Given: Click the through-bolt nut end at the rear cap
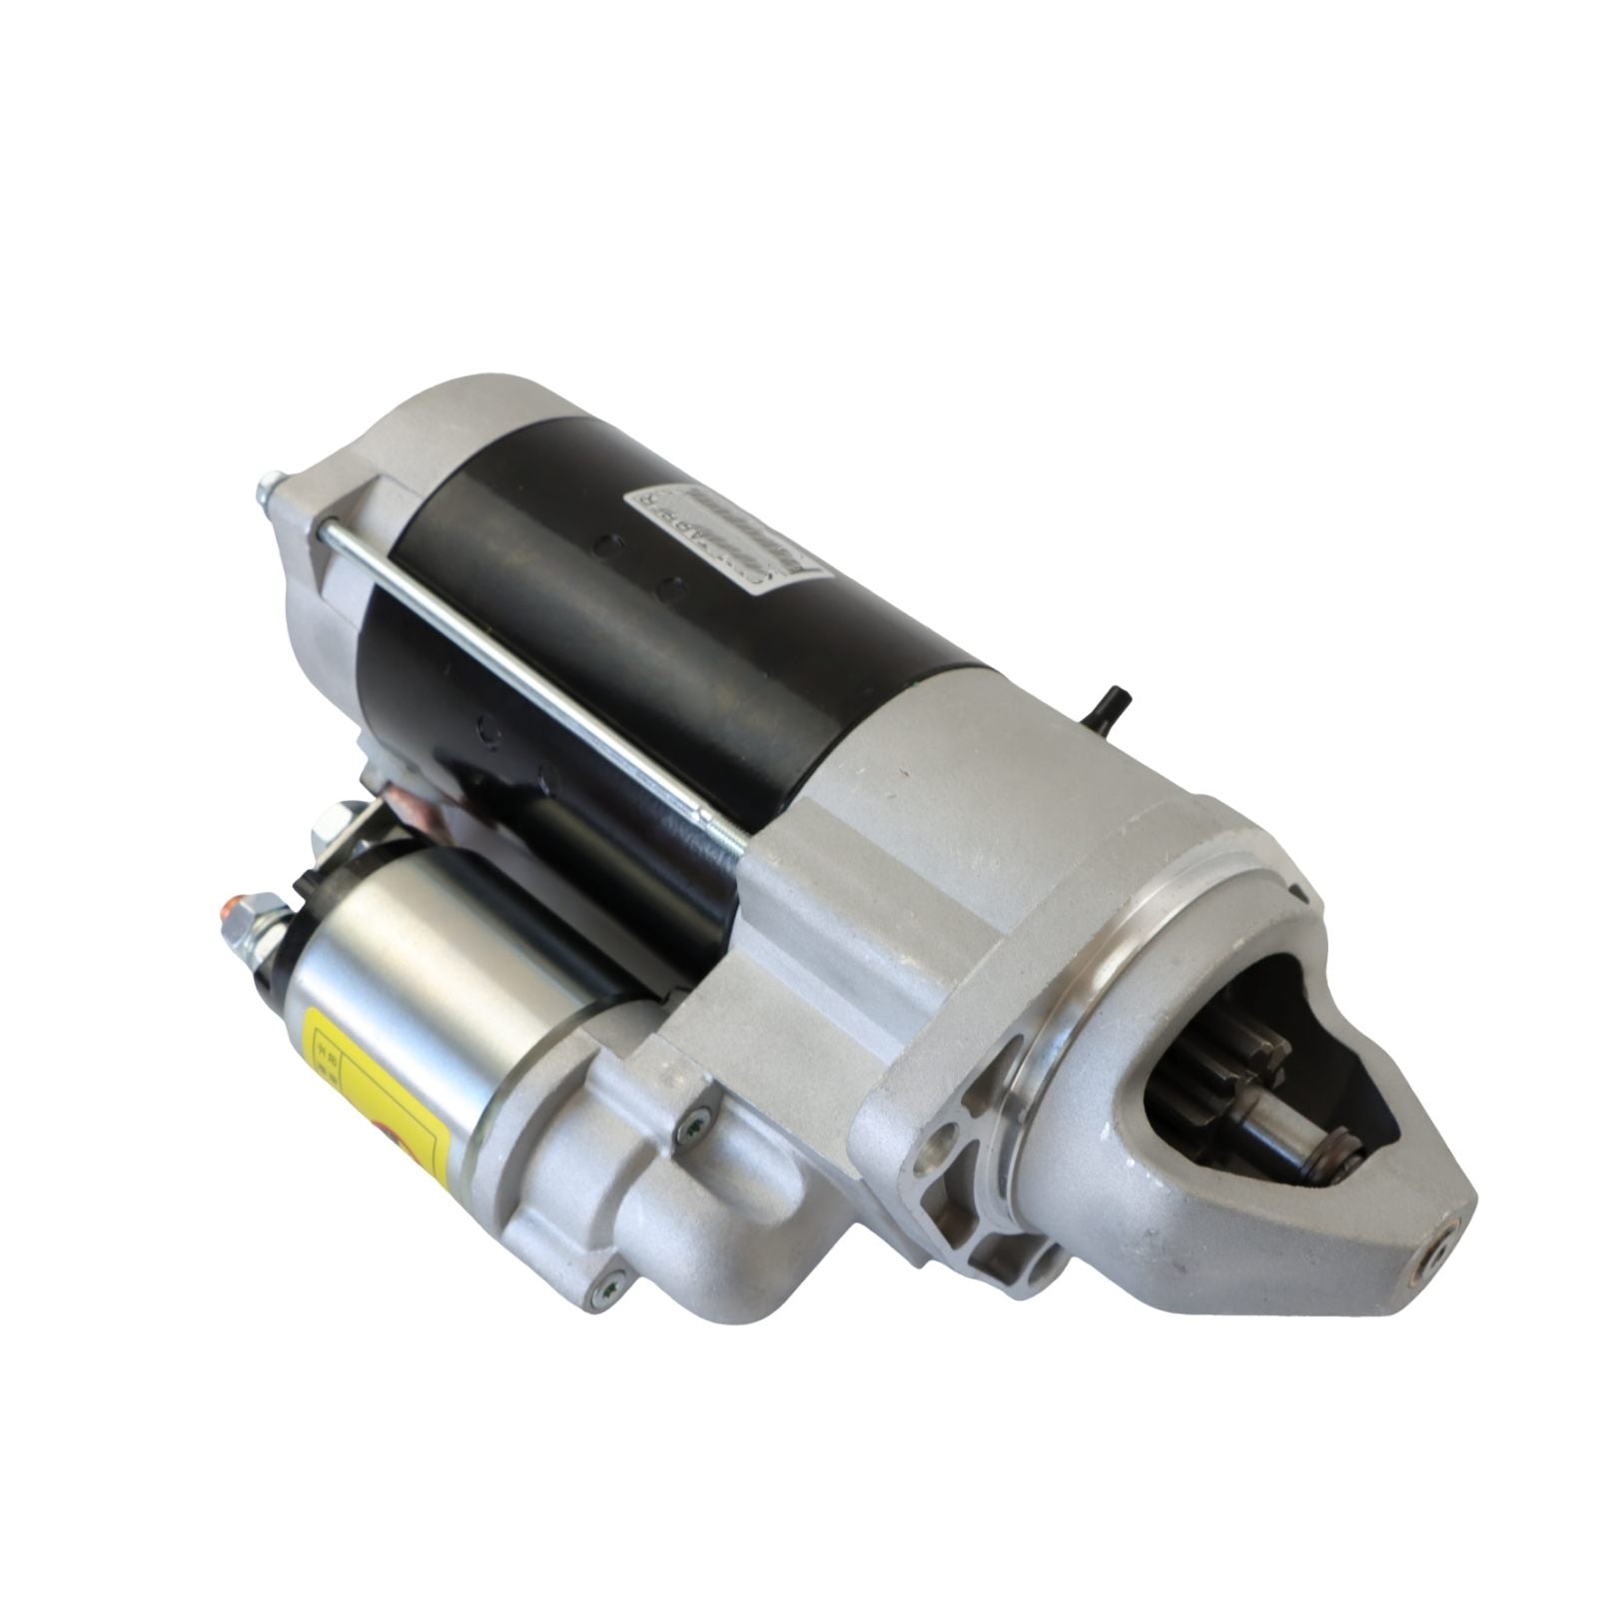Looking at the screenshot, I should (x=267, y=491).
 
